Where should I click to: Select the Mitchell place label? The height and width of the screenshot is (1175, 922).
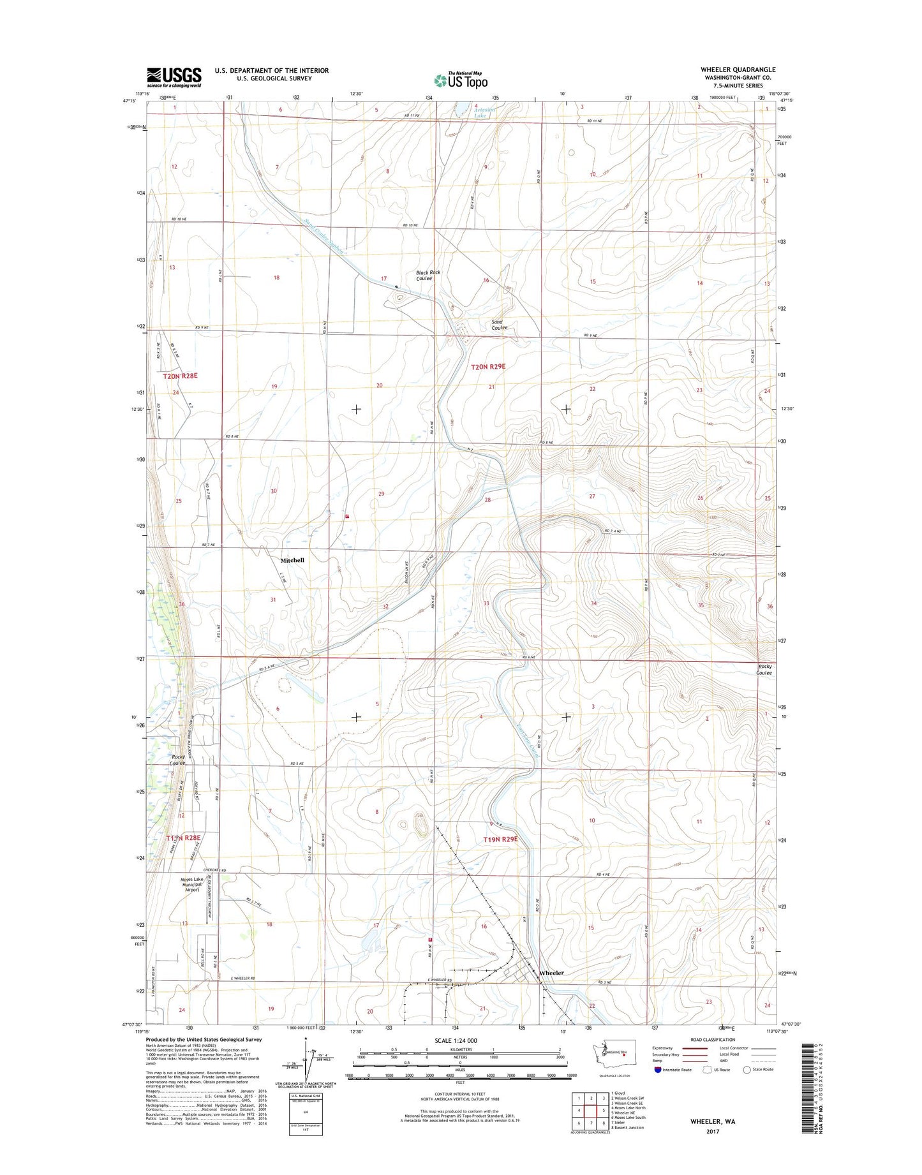click(x=292, y=560)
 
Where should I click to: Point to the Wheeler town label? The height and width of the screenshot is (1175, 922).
click(x=551, y=973)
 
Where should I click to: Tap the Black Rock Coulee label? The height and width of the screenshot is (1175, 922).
click(x=428, y=275)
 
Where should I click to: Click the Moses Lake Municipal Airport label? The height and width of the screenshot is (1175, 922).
click(x=192, y=885)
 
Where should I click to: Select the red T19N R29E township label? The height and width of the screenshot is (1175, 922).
click(x=500, y=839)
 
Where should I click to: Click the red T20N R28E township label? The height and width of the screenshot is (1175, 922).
click(x=180, y=376)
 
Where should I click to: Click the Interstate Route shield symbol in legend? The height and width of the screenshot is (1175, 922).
click(x=657, y=1087)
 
